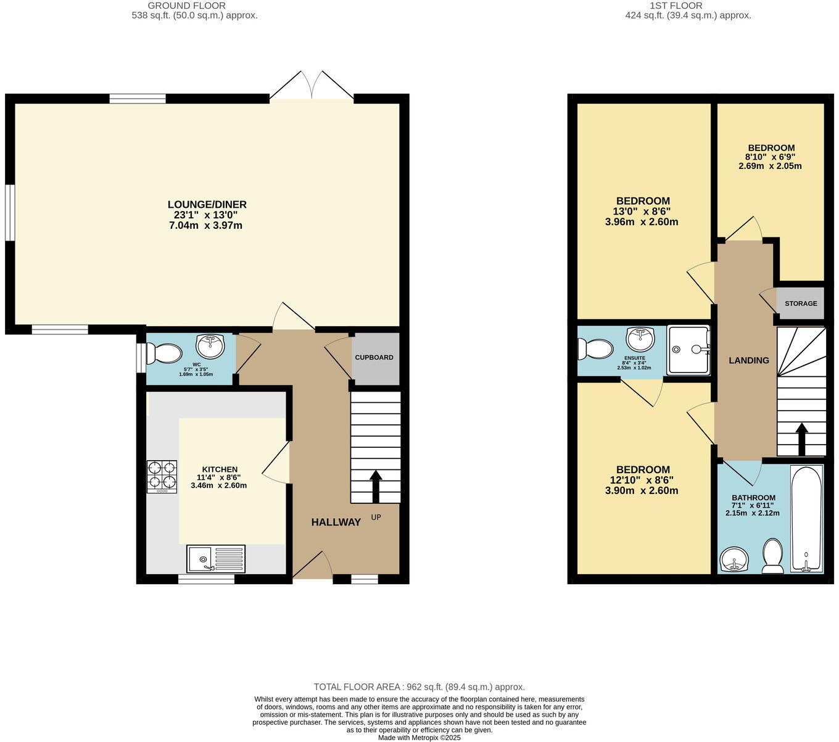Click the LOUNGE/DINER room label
(207, 204)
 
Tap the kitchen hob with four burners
(162, 477)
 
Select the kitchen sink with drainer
(215, 559)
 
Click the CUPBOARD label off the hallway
(374, 358)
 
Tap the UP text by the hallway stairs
(376, 517)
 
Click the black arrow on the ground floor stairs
(375, 486)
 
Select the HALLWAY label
(336, 522)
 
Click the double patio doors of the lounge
(312, 85)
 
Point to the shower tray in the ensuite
(688, 350)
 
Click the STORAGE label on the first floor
(801, 303)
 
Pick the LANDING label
(749, 360)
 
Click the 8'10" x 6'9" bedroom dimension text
(771, 157)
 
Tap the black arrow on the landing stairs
(801, 438)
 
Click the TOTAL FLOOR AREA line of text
(419, 686)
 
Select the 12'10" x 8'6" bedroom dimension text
(642, 480)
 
